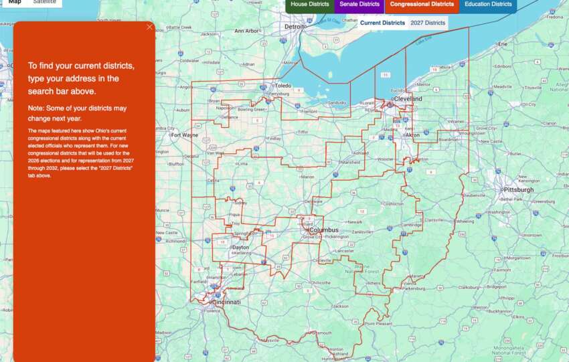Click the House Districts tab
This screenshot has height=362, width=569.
pyautogui.click(x=309, y=5)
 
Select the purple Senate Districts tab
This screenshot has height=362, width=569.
pyautogui.click(x=359, y=5)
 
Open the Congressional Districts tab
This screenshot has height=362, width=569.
pyautogui.click(x=422, y=5)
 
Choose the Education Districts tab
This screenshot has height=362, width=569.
pyautogui.click(x=488, y=5)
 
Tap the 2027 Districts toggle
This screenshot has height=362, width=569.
pyautogui.click(x=428, y=23)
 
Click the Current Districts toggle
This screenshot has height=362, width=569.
pyautogui.click(x=382, y=23)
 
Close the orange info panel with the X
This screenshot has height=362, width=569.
pyautogui.click(x=149, y=27)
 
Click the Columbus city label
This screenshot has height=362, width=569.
pyautogui.click(x=324, y=230)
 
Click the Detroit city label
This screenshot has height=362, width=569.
pyautogui.click(x=295, y=27)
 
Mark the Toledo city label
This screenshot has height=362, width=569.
pyautogui.click(x=284, y=86)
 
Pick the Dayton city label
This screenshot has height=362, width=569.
pyautogui.click(x=240, y=247)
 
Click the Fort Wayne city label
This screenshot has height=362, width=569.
pyautogui.click(x=184, y=134)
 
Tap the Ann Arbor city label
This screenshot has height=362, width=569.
pyautogui.click(x=247, y=31)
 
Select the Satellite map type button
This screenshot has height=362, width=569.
pyautogui.click(x=45, y=3)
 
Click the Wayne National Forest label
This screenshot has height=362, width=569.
pyautogui.click(x=361, y=270)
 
